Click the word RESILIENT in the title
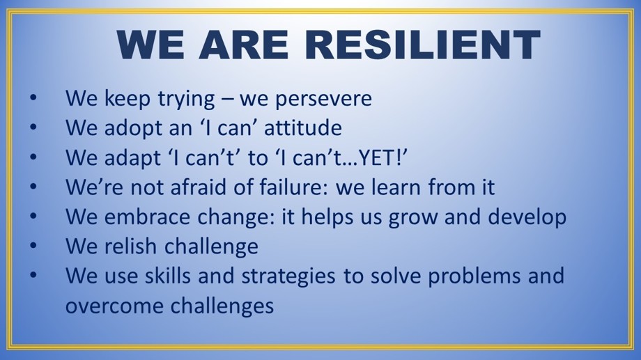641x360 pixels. (423, 45)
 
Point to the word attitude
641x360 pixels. (303, 127)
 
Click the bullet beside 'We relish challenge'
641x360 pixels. (33, 246)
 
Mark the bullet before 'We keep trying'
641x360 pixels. (33, 97)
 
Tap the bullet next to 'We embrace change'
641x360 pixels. (33, 216)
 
